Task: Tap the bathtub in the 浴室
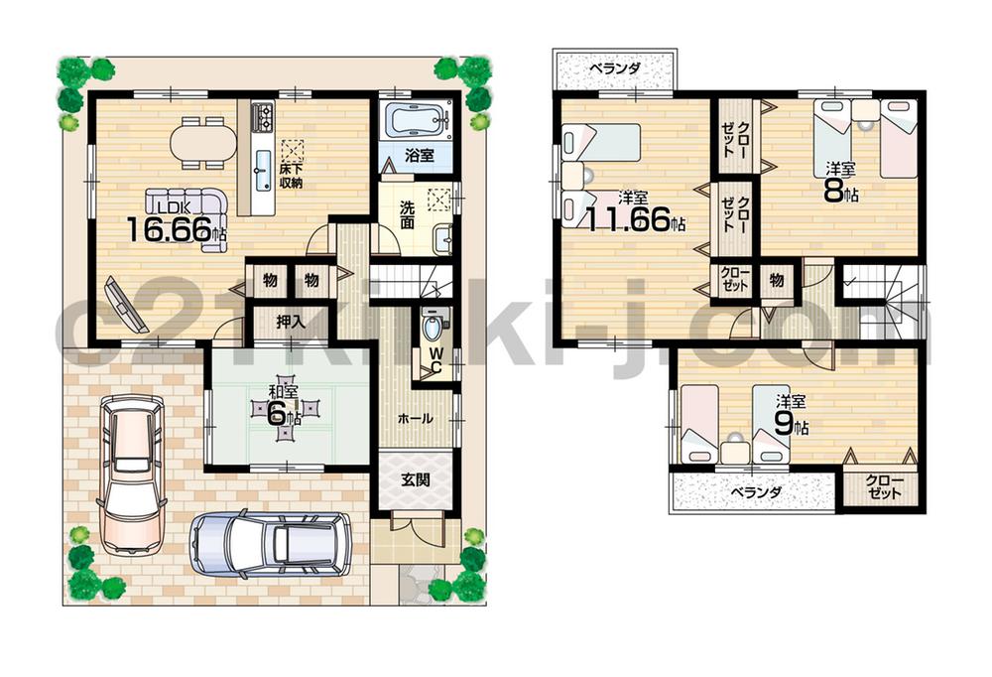click(x=415, y=121)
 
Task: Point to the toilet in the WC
click(x=433, y=325)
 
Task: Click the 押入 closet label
click(x=290, y=322)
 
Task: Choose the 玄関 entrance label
click(x=416, y=479)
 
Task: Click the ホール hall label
click(x=415, y=419)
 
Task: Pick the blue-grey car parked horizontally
click(x=270, y=543)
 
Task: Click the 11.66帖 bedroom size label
click(x=635, y=217)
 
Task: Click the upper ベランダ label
click(x=614, y=68)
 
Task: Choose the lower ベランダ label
click(x=757, y=492)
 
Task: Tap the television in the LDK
click(x=122, y=302)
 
